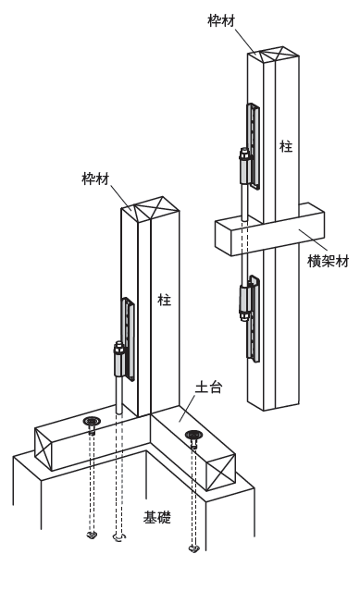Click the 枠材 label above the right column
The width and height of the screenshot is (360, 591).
pyautogui.click(x=221, y=20)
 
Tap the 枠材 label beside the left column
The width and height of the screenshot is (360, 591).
pyautogui.click(x=95, y=179)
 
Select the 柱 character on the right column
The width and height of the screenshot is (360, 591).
pyautogui.click(x=286, y=146)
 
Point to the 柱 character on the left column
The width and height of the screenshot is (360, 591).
pyautogui.click(x=165, y=300)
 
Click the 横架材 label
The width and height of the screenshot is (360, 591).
pyautogui.click(x=328, y=261)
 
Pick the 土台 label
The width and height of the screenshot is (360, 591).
pyautogui.click(x=208, y=388)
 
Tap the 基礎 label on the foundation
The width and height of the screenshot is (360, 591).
pyautogui.click(x=156, y=517)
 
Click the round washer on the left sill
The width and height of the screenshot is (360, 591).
pyautogui.click(x=92, y=421)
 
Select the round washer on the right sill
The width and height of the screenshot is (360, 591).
pyautogui.click(x=194, y=435)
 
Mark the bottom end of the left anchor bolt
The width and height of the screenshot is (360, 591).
pyautogui.click(x=91, y=535)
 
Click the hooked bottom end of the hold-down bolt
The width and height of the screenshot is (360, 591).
pyautogui.click(x=118, y=537)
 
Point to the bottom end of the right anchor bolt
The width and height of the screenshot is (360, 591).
pyautogui.click(x=193, y=548)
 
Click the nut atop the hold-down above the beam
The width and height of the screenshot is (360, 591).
pyautogui.click(x=244, y=154)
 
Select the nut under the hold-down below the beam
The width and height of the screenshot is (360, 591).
pyautogui.click(x=244, y=316)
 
